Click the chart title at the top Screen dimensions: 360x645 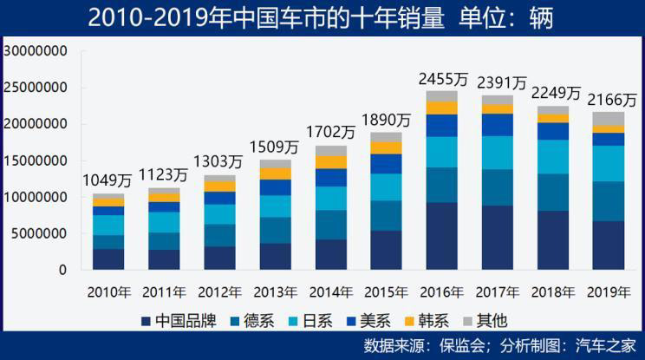(x=322, y=16)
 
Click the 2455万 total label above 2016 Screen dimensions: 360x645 (x=443, y=79)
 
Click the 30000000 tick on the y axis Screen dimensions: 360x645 (x=36, y=50)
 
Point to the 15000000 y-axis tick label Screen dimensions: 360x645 (x=36, y=160)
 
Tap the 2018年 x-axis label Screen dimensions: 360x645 (x=554, y=291)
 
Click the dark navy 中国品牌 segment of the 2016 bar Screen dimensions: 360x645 (x=441, y=236)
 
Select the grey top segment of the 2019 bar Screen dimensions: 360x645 (x=609, y=119)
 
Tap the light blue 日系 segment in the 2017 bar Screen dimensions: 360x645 (x=498, y=153)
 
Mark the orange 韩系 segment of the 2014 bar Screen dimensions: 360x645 (x=331, y=162)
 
